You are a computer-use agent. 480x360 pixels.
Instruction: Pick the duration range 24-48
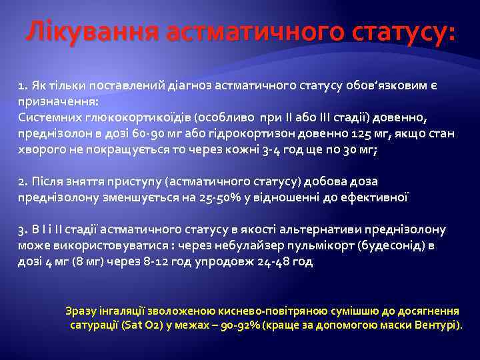tap(262, 262)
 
